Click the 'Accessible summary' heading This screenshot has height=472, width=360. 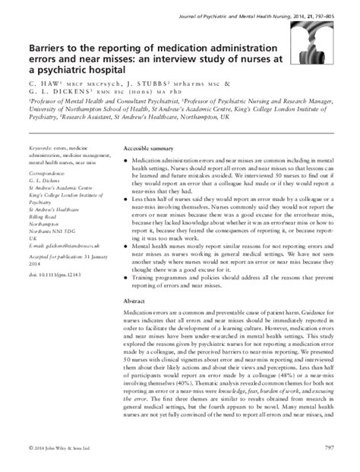click(x=148, y=149)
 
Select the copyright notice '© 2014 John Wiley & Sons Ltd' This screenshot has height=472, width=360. click(x=63, y=457)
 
